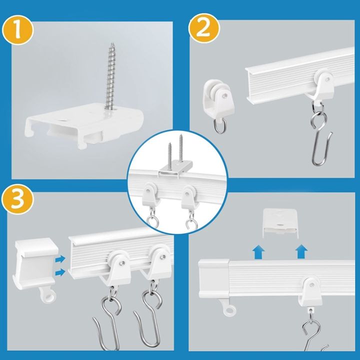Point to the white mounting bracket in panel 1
tap(85, 124)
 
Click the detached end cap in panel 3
tap(35, 265)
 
